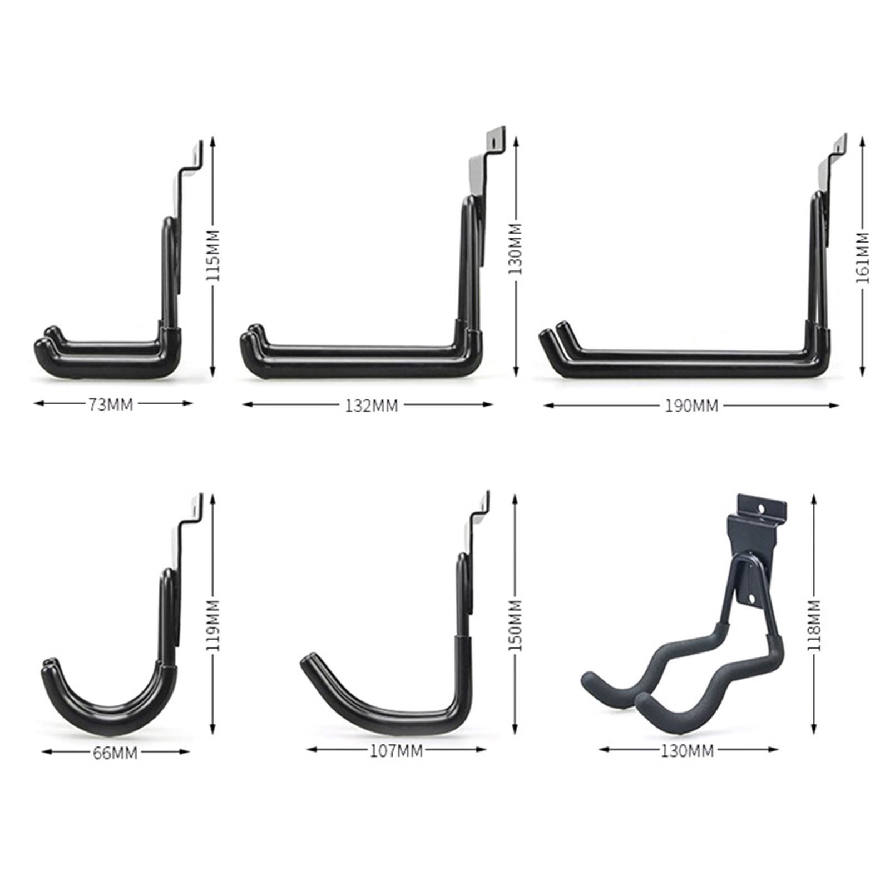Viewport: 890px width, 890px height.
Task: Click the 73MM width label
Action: (111, 404)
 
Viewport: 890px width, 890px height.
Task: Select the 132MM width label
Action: (371, 406)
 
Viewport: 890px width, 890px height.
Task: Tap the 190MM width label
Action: (691, 406)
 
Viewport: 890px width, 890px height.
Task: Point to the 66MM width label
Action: (115, 753)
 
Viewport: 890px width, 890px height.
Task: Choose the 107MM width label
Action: (397, 751)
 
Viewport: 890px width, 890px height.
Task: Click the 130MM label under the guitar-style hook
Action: (687, 751)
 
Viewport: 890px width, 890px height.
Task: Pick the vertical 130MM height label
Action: (516, 249)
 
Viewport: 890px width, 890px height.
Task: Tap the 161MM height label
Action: (862, 258)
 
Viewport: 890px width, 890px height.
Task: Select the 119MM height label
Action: (214, 625)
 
